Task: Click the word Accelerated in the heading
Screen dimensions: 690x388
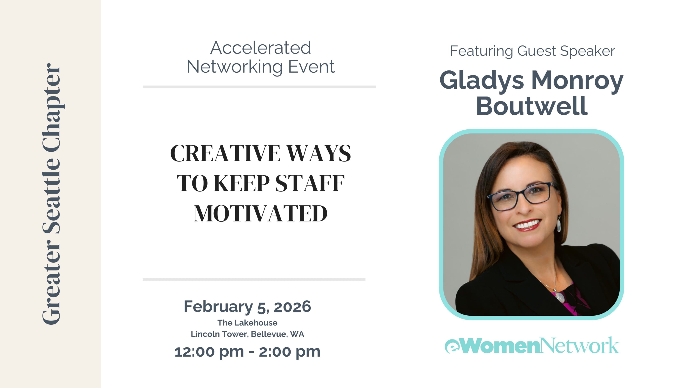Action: (261, 48)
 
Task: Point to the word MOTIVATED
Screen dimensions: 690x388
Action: (261, 214)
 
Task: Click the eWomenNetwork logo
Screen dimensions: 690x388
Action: (532, 345)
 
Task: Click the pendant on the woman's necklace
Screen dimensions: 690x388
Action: (559, 296)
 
